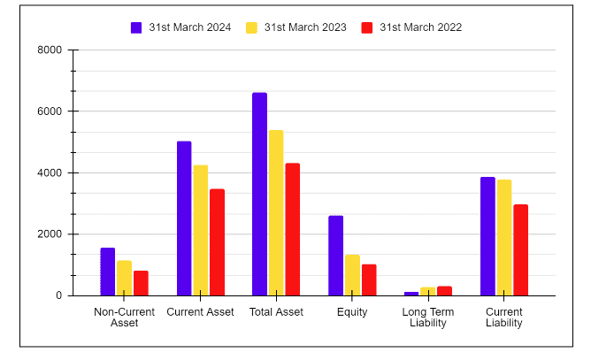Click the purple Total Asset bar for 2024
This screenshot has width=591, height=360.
pos(259,195)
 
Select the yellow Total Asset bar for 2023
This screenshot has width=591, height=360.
pos(276,213)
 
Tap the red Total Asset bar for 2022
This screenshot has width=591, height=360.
pos(293,229)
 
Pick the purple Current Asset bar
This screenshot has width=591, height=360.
pos(184,218)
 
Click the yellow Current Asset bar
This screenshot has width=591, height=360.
pos(201,230)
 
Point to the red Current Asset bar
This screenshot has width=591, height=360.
pos(217,242)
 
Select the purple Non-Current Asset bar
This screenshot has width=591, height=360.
pos(108,272)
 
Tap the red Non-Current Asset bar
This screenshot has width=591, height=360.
pos(141,283)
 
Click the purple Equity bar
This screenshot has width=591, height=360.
pos(336,256)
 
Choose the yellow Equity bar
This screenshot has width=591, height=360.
pos(352,275)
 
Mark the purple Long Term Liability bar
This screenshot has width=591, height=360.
pos(411,294)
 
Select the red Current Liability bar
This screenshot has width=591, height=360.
pos(520,250)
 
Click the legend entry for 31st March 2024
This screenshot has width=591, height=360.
pos(180,27)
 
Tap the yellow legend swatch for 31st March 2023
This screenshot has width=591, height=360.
pos(252,27)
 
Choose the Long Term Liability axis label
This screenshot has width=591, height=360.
pos(427,318)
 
